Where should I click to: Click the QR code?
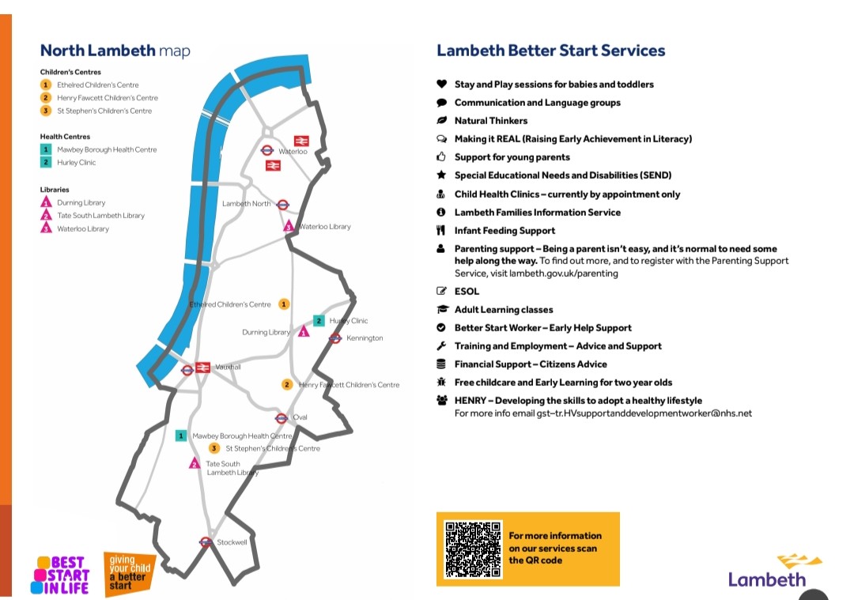[x=473, y=549]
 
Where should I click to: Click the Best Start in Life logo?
[x=60, y=575]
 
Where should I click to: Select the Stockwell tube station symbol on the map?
[x=206, y=542]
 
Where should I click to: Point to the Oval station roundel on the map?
[x=282, y=418]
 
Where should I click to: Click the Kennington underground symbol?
[x=335, y=338]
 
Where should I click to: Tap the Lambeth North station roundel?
[x=282, y=205]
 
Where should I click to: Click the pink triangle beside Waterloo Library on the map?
[x=289, y=225]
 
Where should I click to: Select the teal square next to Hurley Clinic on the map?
[x=319, y=321]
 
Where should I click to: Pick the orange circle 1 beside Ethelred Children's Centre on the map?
[x=284, y=304]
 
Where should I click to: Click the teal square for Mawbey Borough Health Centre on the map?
[x=181, y=436]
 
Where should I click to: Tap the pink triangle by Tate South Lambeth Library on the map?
[x=195, y=463]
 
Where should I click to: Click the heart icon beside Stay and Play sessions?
[x=442, y=84]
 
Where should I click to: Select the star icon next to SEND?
[x=442, y=175]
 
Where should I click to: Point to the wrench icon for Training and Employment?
[x=442, y=345]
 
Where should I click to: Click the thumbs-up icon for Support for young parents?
[x=442, y=157]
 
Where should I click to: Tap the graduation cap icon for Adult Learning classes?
[x=442, y=309]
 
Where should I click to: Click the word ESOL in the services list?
[x=467, y=291]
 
